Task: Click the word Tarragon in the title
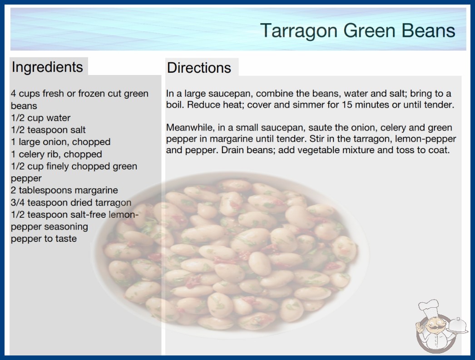pyautogui.click(x=299, y=31)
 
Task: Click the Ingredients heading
pyautogui.click(x=47, y=67)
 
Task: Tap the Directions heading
pyautogui.click(x=199, y=68)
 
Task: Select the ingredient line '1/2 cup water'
pyautogui.click(x=40, y=118)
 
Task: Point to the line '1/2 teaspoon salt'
pyautogui.click(x=48, y=130)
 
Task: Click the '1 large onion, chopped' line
pyautogui.click(x=60, y=142)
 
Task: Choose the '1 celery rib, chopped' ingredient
pyautogui.click(x=56, y=154)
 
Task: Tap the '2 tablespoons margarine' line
pyautogui.click(x=64, y=190)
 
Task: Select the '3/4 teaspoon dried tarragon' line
pyautogui.click(x=71, y=202)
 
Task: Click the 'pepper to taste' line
pyautogui.click(x=44, y=239)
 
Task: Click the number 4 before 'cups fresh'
pyautogui.click(x=13, y=94)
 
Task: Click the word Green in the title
pyautogui.click(x=370, y=31)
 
